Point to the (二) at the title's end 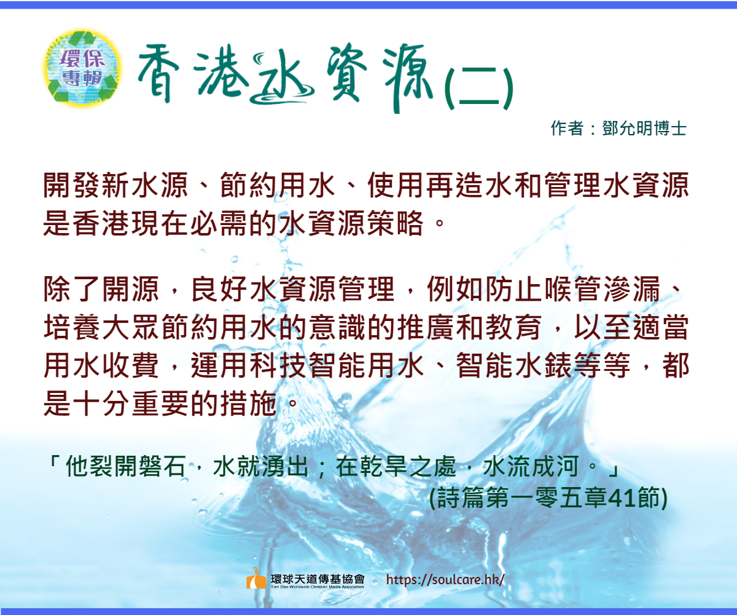(478, 89)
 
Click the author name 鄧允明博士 (644, 129)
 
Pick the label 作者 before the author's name (567, 129)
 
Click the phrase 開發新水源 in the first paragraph (115, 185)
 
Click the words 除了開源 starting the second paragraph (101, 289)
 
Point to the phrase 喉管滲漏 (602, 289)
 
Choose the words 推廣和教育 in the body (469, 327)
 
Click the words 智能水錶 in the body (513, 365)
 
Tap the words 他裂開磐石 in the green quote (126, 466)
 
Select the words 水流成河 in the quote (531, 466)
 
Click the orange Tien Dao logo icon (256, 579)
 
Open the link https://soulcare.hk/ (445, 580)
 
